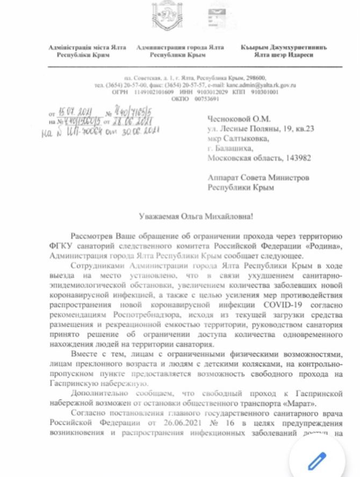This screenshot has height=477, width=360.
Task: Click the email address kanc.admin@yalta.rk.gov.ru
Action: [x=267, y=85]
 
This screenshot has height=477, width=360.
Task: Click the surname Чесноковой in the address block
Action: [x=230, y=121]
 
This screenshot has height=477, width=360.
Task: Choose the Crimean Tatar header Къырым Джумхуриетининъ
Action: [x=283, y=48]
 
